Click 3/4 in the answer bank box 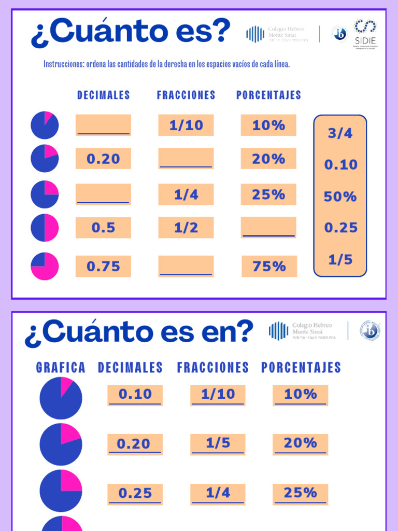(340, 133)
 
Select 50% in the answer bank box (340, 197)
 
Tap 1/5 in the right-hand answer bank (340, 260)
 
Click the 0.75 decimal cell (103, 266)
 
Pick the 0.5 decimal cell (103, 228)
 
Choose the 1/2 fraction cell (186, 228)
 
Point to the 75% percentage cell (269, 266)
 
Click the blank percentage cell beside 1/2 (268, 228)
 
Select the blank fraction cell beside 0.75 (186, 266)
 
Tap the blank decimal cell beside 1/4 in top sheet (103, 194)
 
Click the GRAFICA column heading (61, 368)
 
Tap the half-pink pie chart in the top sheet (45, 228)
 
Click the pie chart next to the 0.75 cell (45, 266)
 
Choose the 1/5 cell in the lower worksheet (218, 444)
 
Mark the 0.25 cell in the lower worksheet (135, 494)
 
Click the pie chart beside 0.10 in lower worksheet (61, 398)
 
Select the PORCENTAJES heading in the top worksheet (268, 95)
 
